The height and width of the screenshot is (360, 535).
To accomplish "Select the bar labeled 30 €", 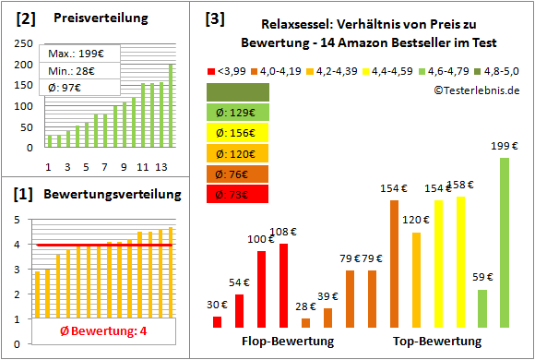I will pos(217,321).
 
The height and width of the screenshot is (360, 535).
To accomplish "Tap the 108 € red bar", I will pos(283,285).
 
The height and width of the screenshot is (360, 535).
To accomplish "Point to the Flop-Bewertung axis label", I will pos(288,342).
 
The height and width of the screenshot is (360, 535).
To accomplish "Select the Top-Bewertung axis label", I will pos(437,342).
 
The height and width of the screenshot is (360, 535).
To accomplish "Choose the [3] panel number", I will pos(214,18).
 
